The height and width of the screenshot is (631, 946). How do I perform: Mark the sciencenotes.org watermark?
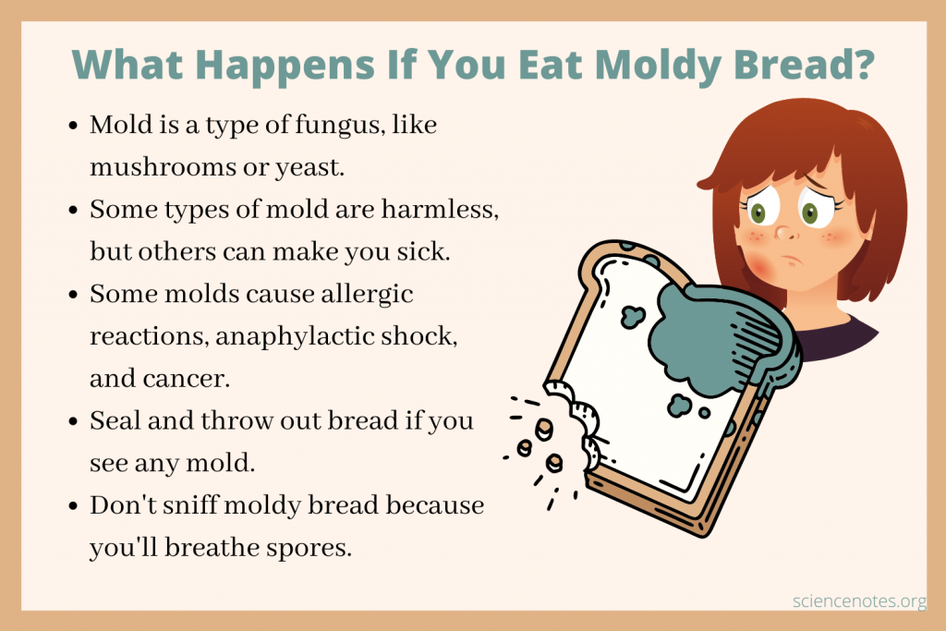[x=858, y=601]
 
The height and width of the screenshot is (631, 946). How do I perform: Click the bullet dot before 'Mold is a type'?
[x=74, y=127]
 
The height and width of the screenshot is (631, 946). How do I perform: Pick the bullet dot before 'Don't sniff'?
[x=74, y=505]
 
